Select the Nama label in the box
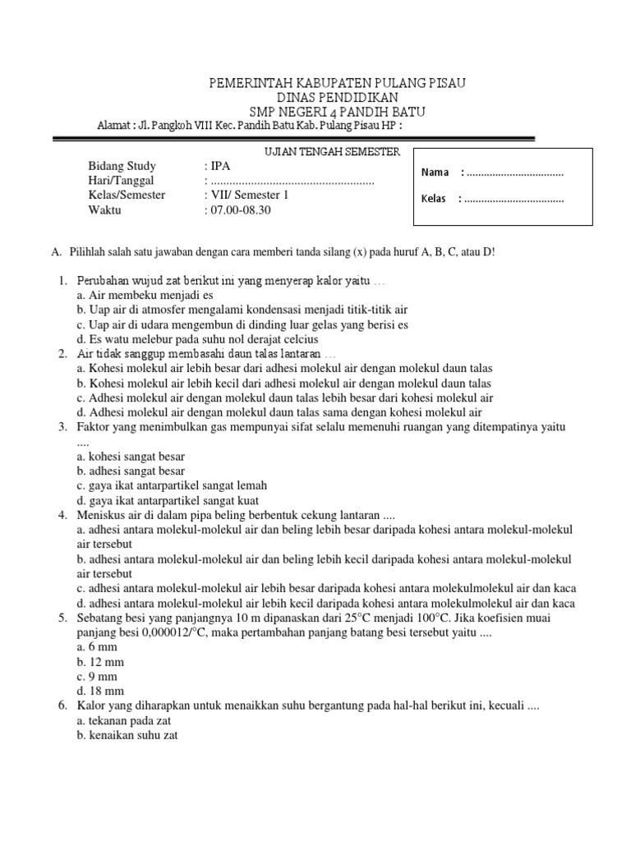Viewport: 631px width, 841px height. [x=435, y=172]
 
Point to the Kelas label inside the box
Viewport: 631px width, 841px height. [x=433, y=200]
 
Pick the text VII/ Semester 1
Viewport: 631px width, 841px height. [x=250, y=195]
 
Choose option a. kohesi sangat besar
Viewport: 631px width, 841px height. [x=131, y=456]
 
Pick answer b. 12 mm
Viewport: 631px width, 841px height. [x=99, y=662]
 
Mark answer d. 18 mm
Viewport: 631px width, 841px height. [x=99, y=692]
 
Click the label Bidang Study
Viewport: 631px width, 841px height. [x=122, y=166]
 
